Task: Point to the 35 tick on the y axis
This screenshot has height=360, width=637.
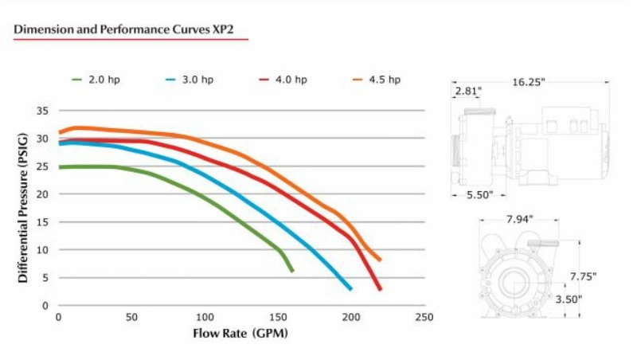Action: [43, 112]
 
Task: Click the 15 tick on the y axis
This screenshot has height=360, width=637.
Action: [43, 222]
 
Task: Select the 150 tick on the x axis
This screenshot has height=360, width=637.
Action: [278, 318]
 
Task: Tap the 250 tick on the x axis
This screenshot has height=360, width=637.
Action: [424, 318]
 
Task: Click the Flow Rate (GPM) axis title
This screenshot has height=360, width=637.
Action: [240, 333]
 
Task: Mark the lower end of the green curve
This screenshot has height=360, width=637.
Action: [292, 271]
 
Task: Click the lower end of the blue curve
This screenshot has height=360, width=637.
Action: [350, 288]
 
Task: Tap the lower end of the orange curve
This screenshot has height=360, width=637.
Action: [380, 260]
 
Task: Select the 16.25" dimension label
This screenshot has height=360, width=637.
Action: [529, 81]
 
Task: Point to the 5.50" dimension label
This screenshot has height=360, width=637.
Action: [479, 194]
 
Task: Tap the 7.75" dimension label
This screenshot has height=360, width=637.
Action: [581, 276]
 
